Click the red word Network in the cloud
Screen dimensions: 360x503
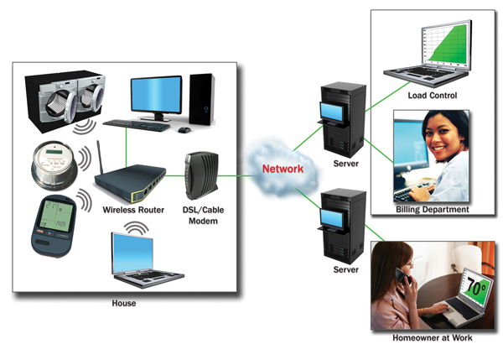282,168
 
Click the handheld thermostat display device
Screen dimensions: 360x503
54,224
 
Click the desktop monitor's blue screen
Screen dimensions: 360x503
156,92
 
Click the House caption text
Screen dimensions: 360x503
123,303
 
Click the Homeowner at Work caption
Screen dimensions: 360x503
432,337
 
